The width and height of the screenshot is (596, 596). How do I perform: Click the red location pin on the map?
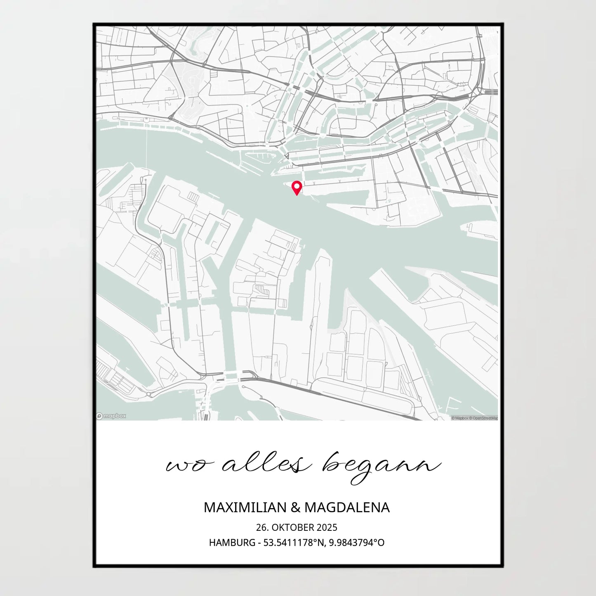tap(297, 188)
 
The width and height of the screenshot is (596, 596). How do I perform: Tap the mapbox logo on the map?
tap(111, 416)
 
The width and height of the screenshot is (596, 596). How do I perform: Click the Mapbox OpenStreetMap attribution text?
tap(474, 418)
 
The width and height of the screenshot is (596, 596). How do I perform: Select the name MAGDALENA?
tap(347, 507)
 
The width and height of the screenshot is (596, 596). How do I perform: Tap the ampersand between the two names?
tap(295, 508)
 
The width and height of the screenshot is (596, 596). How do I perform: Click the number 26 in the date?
tap(261, 528)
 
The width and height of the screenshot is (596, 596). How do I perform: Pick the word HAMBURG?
tap(232, 542)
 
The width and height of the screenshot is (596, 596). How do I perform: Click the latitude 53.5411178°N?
tap(294, 542)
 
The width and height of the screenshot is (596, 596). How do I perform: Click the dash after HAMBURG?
tap(259, 543)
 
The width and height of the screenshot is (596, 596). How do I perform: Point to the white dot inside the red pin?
tap(297, 186)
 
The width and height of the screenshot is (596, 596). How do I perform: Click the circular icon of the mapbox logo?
tap(99, 416)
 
